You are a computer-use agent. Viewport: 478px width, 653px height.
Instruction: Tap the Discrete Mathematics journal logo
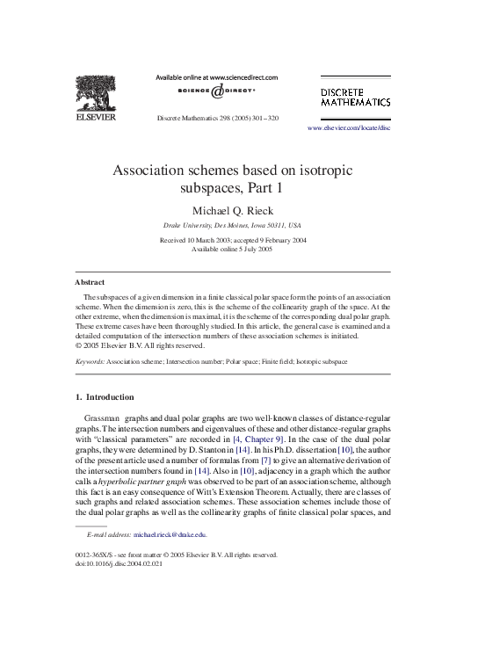click(355, 97)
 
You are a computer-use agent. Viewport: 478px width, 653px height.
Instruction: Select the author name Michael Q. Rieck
click(239, 211)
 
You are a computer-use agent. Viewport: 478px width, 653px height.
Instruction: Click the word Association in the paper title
click(152, 171)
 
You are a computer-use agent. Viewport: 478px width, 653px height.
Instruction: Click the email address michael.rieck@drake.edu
click(170, 534)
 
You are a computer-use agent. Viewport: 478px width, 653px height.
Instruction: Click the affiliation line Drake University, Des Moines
click(238, 226)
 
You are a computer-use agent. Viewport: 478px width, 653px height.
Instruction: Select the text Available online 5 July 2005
click(238, 249)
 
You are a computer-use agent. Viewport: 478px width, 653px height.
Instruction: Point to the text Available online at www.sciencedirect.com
click(216, 77)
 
